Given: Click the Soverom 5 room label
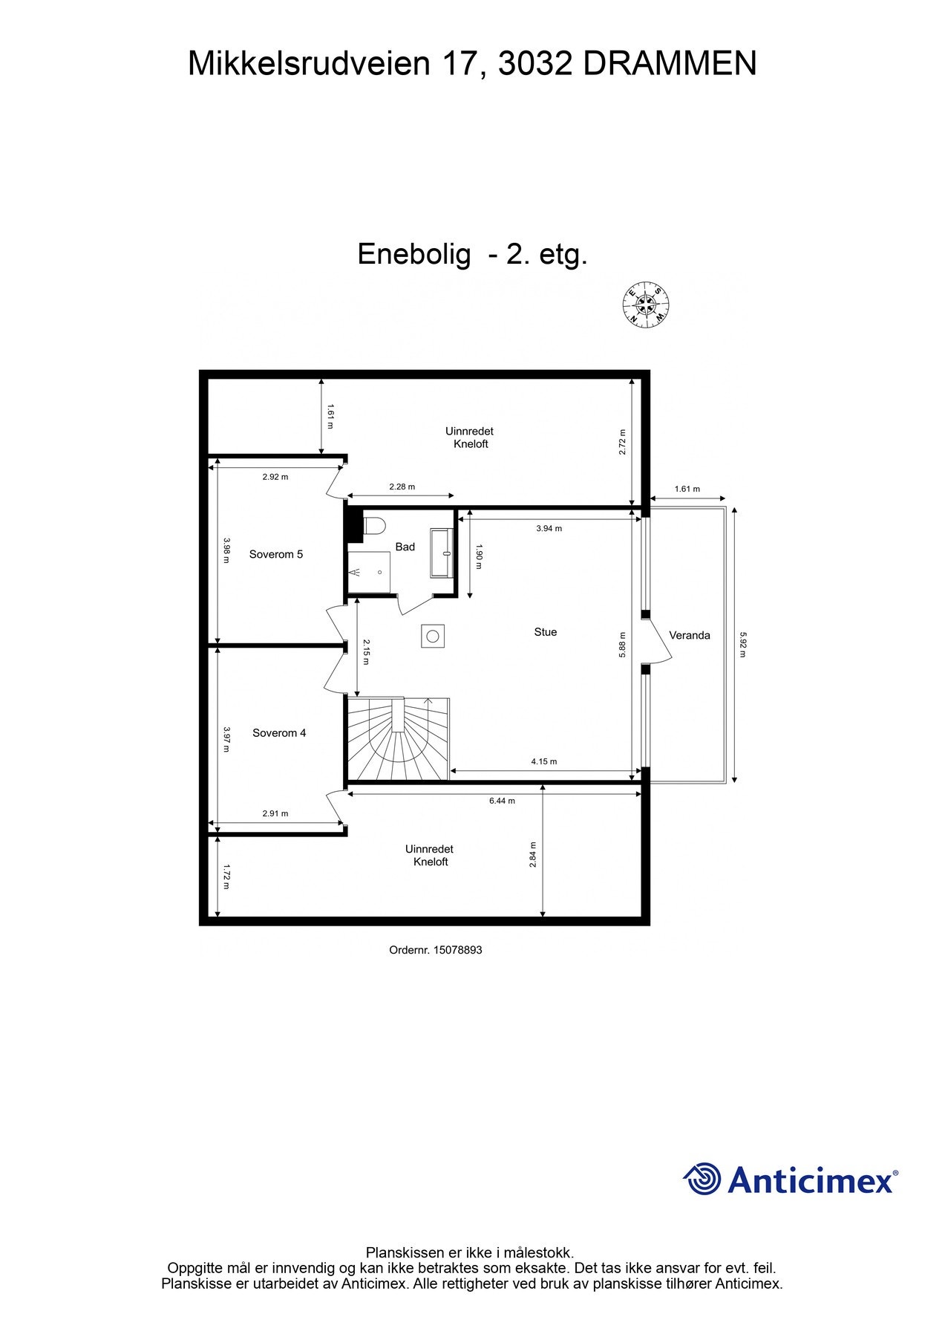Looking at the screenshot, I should coord(275,554).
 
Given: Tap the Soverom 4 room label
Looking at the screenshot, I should coord(279,733).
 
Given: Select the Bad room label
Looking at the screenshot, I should coord(405,547).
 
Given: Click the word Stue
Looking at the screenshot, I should coord(545,632).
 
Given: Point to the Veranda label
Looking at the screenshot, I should coord(689,635).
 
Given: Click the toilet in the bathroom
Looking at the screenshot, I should coord(375,526).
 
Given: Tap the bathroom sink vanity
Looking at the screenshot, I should coord(442,553).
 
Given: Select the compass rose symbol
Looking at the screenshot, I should coord(645,305).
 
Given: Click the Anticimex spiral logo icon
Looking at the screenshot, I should coord(702,1179).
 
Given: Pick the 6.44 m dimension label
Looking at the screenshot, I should coord(502,801).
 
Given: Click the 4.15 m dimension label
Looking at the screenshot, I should coord(543,761).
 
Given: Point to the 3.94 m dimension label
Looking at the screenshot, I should coord(549,528).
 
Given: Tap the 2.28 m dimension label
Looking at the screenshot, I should coord(402,487).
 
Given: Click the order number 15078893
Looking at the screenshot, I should coord(457,950).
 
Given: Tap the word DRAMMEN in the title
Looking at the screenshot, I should coord(670,64).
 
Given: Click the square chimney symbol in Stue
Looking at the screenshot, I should coord(433,636).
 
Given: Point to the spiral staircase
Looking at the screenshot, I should coord(399,739).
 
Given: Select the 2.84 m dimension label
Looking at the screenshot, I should coord(533,854).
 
